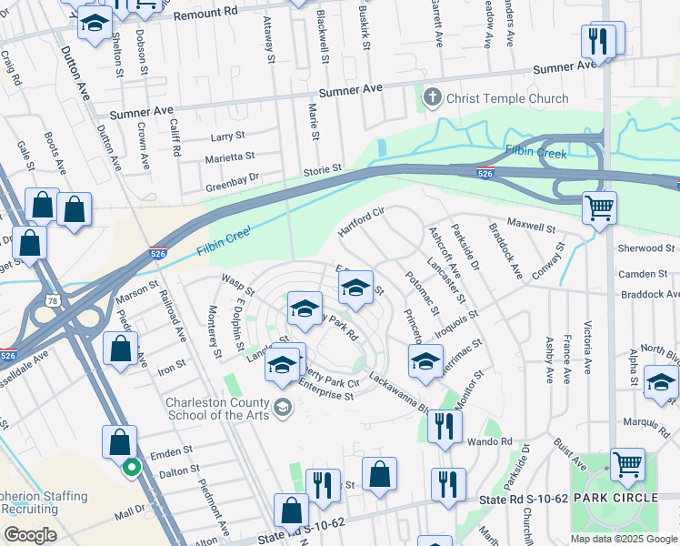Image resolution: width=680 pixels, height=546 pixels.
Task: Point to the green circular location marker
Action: coord(131,470)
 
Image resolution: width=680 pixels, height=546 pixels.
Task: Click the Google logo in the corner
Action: coord(30,535)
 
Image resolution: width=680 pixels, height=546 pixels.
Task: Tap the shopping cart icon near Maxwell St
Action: coord(599,208)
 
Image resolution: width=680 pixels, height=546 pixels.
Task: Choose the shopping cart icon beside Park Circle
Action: coord(627,465)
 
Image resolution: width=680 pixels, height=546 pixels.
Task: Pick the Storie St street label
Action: coord(322,168)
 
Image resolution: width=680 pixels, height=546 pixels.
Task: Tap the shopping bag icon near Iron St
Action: coord(120,349)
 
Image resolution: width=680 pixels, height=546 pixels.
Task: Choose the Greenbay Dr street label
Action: coord(232,178)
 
